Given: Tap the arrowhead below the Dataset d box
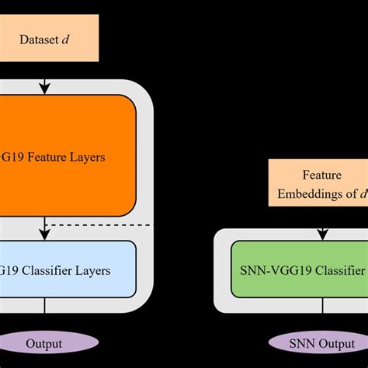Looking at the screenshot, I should [45, 87].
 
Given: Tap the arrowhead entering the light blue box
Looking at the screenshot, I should [45, 234].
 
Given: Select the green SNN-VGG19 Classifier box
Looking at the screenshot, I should [299, 270].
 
